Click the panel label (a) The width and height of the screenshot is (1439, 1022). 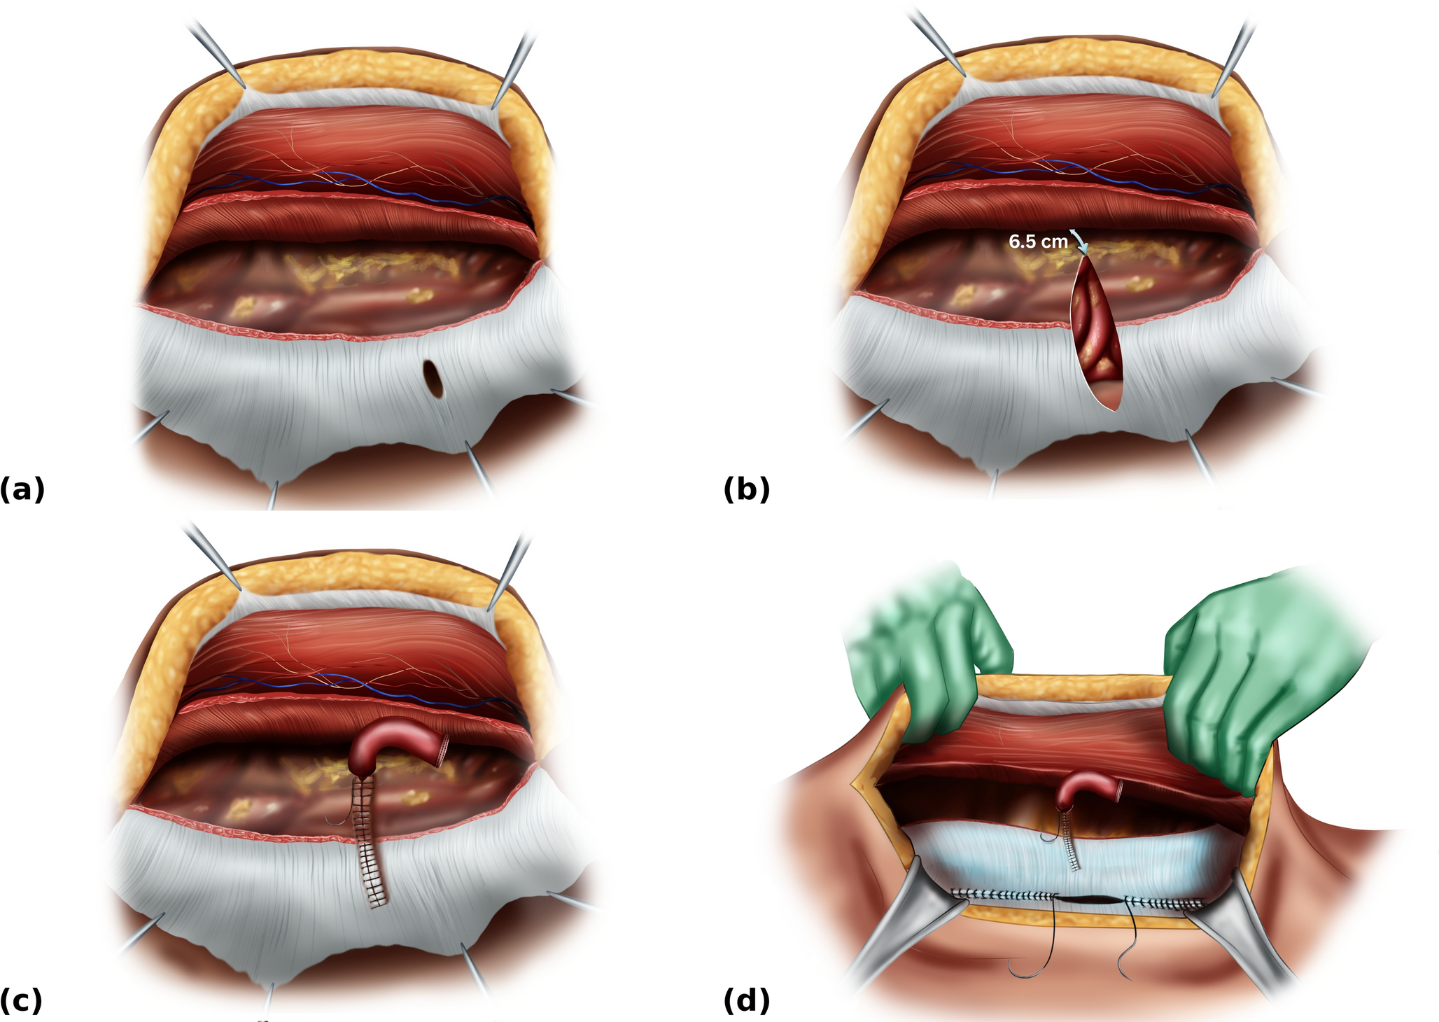click(22, 489)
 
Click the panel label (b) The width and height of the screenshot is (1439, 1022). click(746, 489)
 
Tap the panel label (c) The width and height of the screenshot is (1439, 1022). click(22, 1000)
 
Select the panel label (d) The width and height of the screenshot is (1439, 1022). click(746, 1000)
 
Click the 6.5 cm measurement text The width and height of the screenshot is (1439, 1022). click(1038, 241)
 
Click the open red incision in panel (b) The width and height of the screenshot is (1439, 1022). click(1096, 329)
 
